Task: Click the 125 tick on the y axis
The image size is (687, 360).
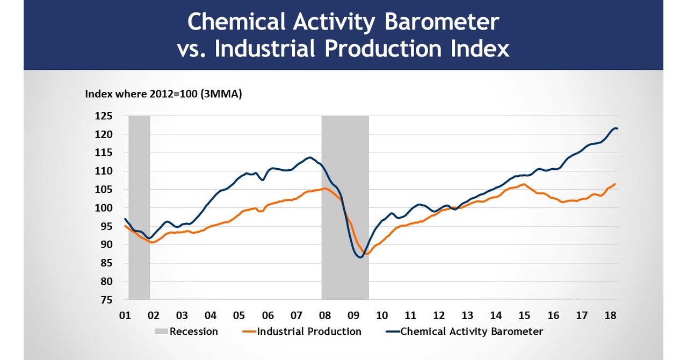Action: coord(104,116)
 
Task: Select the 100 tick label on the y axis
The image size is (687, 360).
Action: coord(104,208)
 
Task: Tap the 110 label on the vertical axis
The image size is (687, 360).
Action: coord(104,171)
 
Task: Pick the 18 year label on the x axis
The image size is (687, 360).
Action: coord(610,315)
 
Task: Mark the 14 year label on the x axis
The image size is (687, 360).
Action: coord(496,315)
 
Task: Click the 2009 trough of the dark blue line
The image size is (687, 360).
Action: coord(359,257)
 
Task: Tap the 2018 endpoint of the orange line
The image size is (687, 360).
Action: coord(615,184)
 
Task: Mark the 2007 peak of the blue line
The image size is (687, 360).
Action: coord(309,157)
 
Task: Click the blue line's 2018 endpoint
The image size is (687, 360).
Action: coord(617,128)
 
